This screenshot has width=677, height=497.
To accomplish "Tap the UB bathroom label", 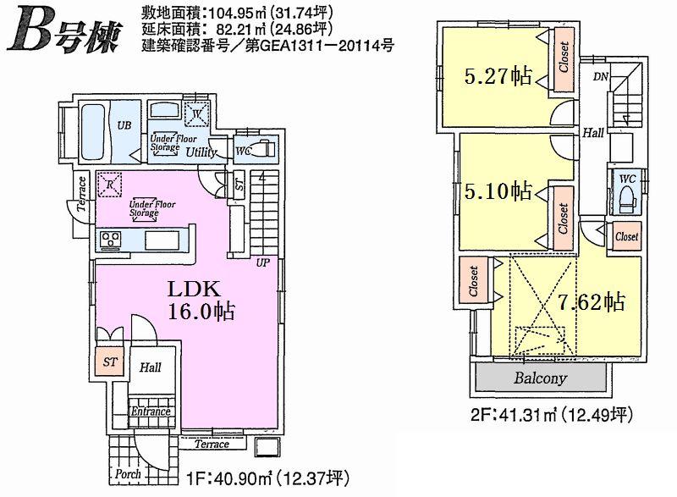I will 124,125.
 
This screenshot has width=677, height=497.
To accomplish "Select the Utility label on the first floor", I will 196,152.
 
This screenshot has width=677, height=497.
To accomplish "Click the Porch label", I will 127,475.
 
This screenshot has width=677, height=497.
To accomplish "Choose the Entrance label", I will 151,412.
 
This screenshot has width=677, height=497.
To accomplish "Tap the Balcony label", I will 541,378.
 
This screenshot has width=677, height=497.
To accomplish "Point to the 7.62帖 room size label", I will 592,301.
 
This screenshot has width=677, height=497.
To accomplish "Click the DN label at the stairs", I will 601,78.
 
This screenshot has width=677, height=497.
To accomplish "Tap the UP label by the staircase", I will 263,262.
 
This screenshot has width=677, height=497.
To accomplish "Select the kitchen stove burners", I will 112,240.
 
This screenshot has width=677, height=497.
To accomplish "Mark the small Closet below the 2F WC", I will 627,237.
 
